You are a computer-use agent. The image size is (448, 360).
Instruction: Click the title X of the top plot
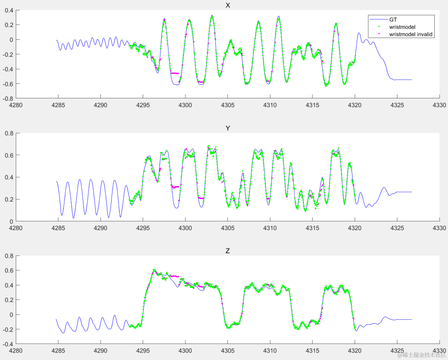tap(227, 5)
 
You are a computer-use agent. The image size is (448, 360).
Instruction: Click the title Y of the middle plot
tap(227, 128)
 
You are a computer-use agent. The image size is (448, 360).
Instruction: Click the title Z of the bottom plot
tap(227, 251)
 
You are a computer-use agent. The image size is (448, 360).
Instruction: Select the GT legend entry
tap(393, 19)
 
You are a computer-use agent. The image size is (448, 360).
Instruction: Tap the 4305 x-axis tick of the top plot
tap(227, 105)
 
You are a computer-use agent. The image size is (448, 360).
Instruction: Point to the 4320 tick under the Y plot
tap(355, 228)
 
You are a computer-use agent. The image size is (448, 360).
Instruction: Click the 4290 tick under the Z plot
tap(100, 351)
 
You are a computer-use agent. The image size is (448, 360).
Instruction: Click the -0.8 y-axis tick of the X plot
tap(8, 99)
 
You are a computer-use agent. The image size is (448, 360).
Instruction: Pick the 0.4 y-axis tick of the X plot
tap(9, 10)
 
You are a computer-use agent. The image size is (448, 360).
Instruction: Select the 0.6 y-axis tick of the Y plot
tap(9, 155)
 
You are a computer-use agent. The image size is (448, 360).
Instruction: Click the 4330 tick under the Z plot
tap(439, 351)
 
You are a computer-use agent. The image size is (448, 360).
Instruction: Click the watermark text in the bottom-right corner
tap(421, 355)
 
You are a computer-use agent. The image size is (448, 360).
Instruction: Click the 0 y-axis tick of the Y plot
tap(11, 221)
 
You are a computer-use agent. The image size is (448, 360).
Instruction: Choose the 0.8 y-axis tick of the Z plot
tap(9, 255)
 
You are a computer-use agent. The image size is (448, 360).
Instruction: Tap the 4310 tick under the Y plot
tap(270, 228)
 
